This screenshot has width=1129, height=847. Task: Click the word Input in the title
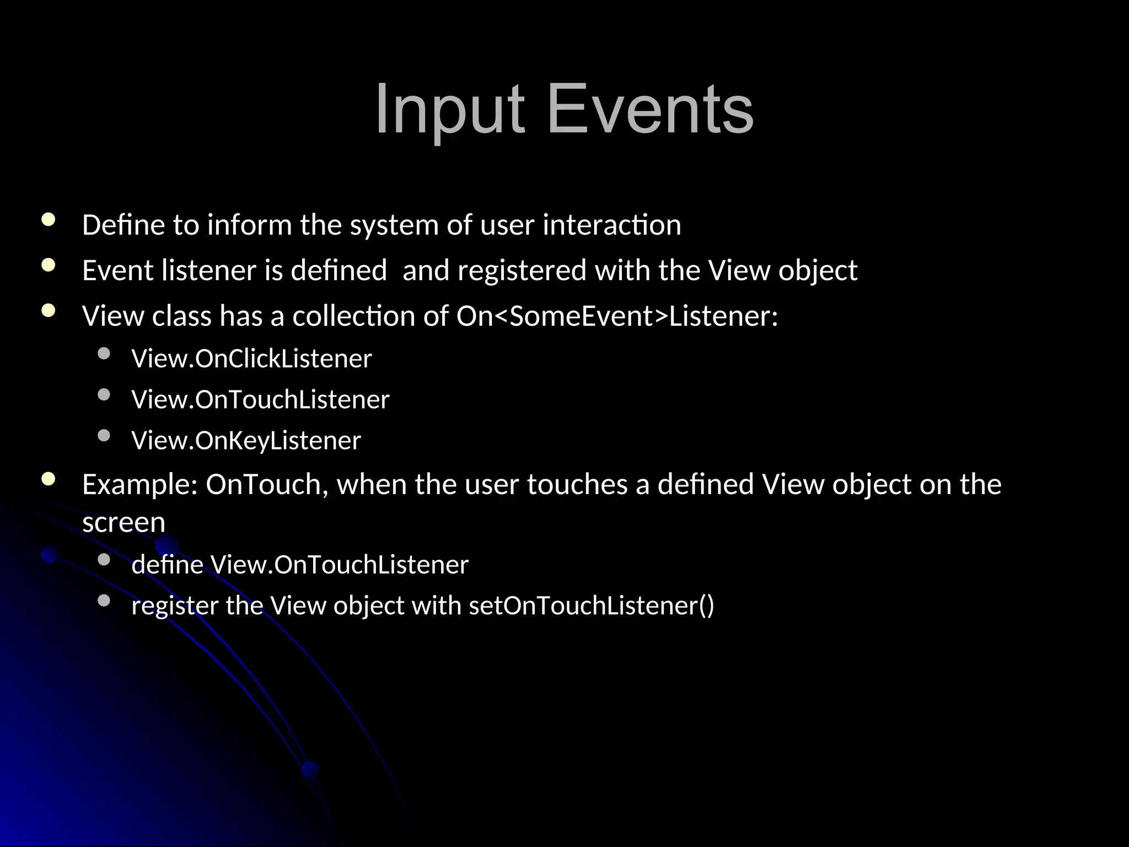pos(449,109)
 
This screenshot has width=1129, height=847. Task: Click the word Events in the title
pos(650,109)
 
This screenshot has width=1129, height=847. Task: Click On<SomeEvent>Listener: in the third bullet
pos(617,316)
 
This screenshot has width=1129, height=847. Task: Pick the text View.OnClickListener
pos(251,359)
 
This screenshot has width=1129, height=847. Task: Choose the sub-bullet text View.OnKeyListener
pos(246,441)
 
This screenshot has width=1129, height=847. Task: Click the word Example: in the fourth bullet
pos(139,484)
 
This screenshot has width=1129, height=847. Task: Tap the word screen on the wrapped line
pos(123,522)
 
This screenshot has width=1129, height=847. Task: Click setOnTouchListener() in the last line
pos(591,605)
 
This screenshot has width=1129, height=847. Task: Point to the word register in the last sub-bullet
pos(175,605)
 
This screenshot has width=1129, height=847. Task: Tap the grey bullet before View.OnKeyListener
pos(104,436)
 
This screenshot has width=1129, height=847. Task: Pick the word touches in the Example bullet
pos(577,484)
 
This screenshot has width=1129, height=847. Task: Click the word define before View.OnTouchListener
pos(167,565)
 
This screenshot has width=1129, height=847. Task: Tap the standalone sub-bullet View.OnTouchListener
pos(260,400)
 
